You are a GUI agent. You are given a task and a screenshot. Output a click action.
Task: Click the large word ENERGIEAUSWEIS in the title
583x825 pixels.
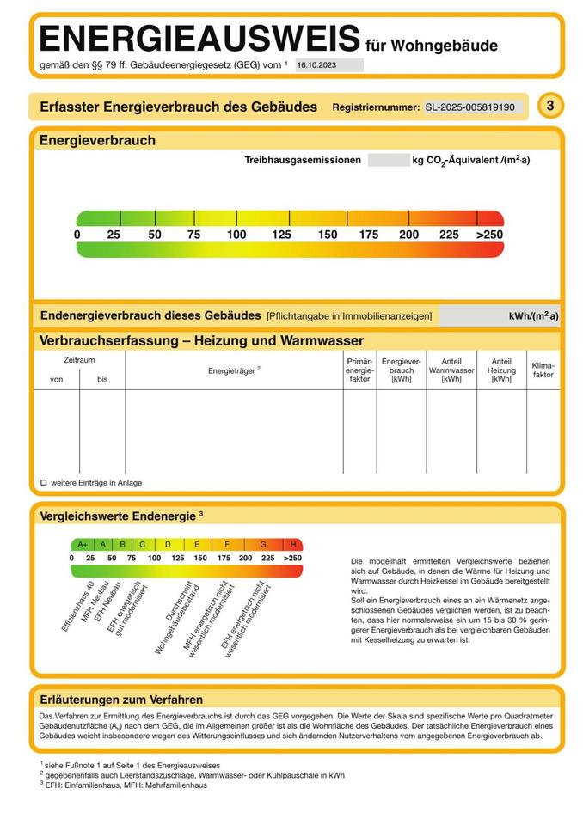pos(199,40)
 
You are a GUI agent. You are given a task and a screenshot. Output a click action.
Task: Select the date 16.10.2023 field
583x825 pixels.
pos(328,64)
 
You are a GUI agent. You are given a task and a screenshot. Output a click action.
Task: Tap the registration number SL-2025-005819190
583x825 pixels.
pos(470,107)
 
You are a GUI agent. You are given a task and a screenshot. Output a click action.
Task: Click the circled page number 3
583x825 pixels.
pos(550,106)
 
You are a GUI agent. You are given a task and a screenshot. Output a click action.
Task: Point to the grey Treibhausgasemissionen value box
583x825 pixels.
pos(388,160)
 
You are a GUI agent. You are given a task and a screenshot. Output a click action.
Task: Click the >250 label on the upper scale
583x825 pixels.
pos(488,235)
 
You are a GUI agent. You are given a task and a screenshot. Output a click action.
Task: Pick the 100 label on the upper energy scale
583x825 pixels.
pos(236,235)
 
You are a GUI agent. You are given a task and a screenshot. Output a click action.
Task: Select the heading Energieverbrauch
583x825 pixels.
pos(98,140)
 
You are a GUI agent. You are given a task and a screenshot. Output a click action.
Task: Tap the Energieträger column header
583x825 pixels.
pos(233,370)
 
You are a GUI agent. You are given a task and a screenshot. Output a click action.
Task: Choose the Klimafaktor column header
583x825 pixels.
pos(543,370)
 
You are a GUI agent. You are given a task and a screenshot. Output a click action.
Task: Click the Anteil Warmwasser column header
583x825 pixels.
pos(451,370)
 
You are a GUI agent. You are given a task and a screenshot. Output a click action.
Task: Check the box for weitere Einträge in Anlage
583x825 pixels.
pos(44,483)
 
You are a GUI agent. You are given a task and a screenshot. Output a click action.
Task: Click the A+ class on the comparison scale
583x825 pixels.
pos(83,544)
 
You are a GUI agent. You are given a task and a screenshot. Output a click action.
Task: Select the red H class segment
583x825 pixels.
pos(293,544)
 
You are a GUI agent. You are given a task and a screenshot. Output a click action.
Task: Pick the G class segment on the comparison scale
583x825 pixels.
pos(262,544)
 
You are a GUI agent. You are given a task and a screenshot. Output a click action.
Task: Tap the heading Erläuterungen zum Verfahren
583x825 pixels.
pos(121,700)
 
